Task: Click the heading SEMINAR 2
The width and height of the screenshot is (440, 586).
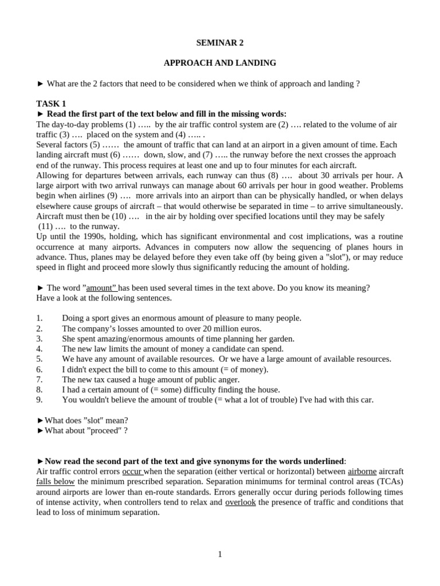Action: [x=220, y=42]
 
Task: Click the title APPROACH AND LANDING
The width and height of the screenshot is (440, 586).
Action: [x=220, y=63]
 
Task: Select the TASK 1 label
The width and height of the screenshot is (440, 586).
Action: [x=51, y=104]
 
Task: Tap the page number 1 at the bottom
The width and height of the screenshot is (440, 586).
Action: [x=220, y=554]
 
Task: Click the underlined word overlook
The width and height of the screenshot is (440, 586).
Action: [x=240, y=502]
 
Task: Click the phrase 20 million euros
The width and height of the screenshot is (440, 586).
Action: [x=232, y=328]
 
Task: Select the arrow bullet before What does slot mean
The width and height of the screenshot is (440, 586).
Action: [x=40, y=421]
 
